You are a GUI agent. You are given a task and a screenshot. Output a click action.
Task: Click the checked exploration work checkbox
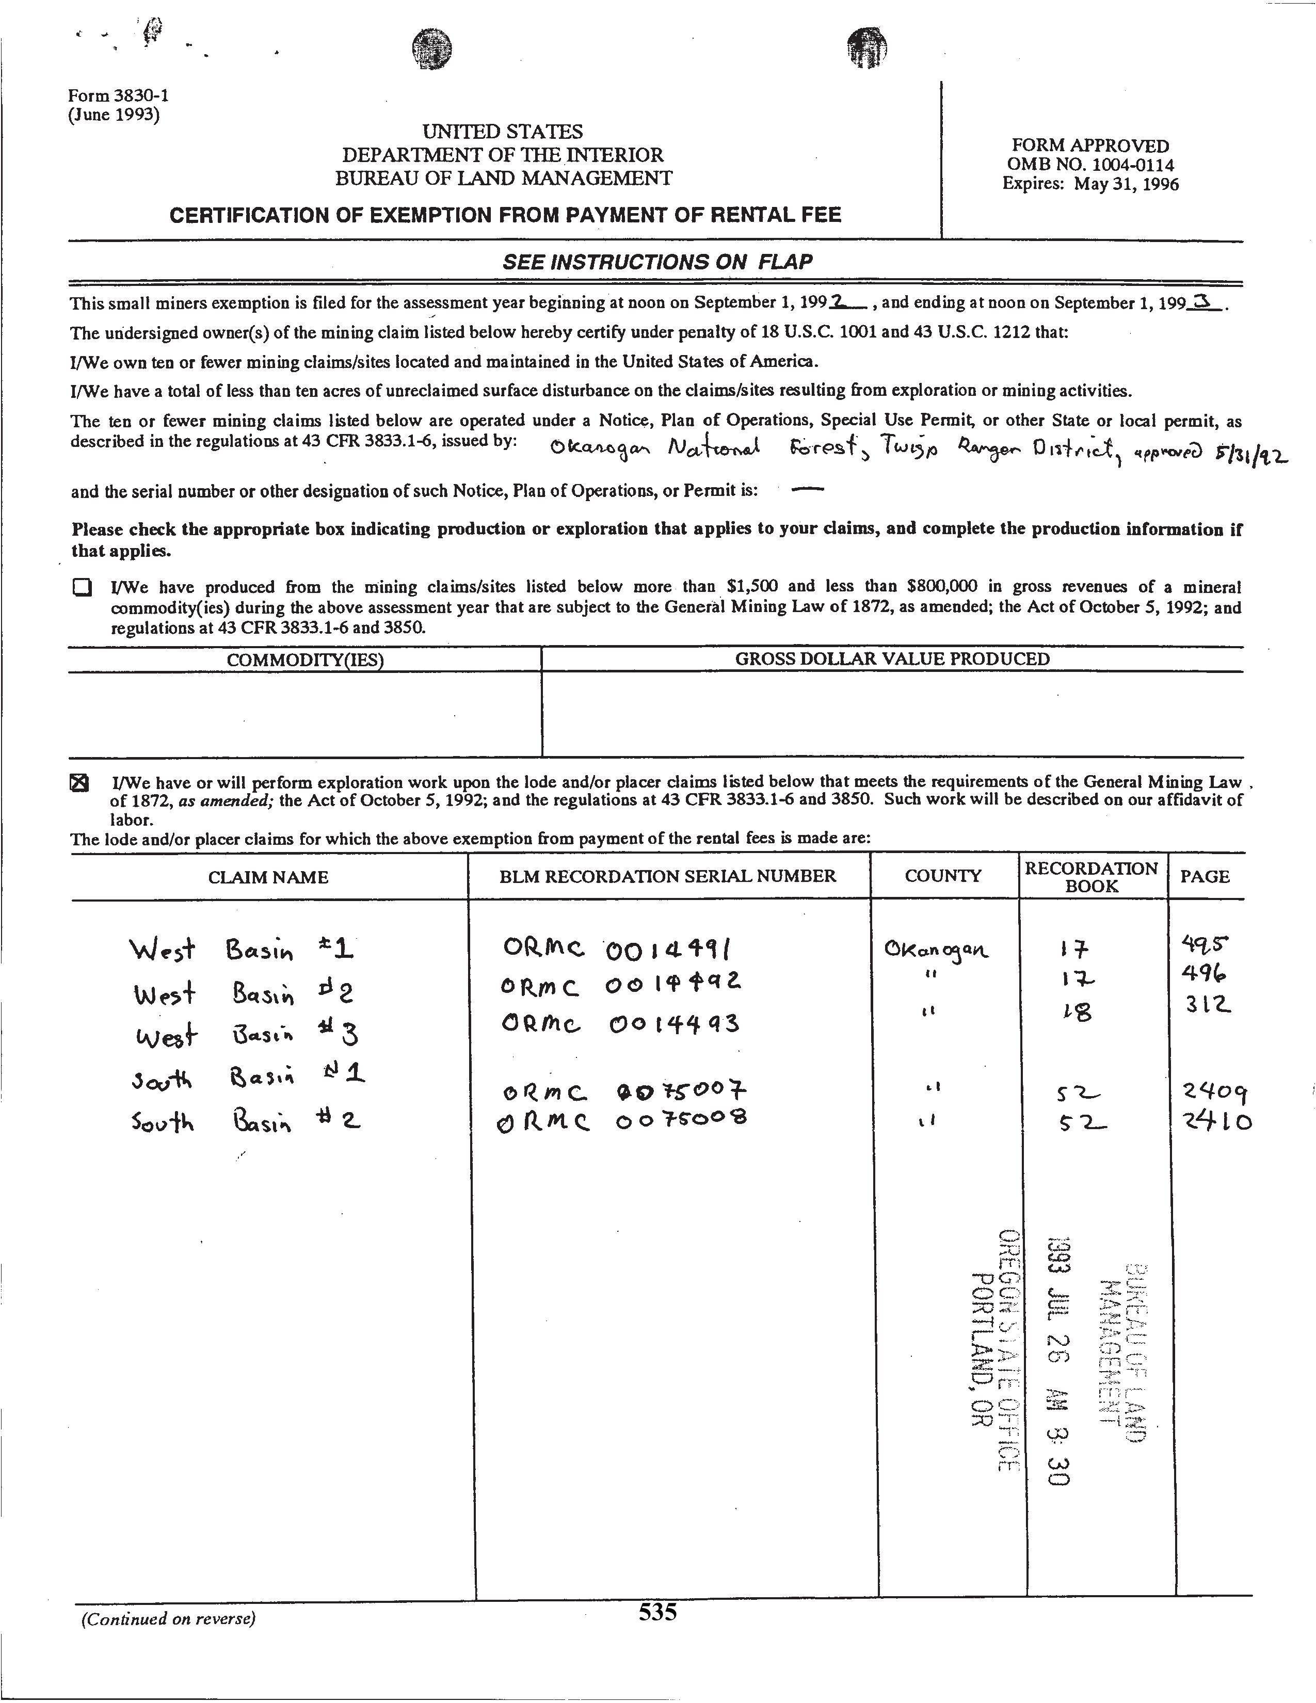click(x=79, y=783)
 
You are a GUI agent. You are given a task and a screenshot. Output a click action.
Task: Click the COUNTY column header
click(x=942, y=876)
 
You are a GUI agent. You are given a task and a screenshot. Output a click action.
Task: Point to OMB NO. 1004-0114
click(x=1090, y=165)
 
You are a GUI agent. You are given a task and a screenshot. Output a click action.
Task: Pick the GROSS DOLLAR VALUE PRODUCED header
click(x=892, y=659)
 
